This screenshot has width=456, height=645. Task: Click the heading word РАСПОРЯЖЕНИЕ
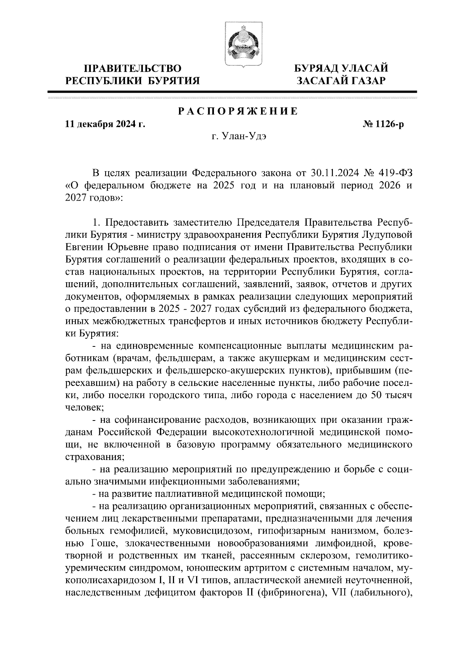[x=238, y=112]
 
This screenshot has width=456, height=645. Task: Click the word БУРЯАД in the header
[x=314, y=68]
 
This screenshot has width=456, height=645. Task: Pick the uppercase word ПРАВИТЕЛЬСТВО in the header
[x=132, y=68]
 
